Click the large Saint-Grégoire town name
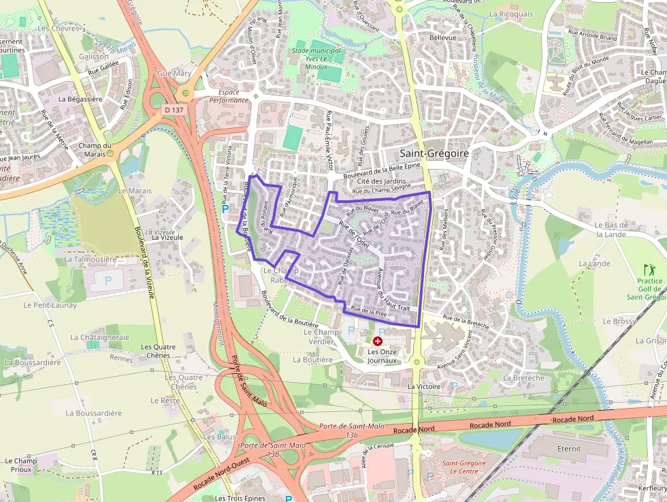434,154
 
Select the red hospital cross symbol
378,340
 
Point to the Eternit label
569,449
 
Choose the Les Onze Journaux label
382,356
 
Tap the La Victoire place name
424,386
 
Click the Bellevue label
443,38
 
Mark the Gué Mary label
174,73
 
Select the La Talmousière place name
91,260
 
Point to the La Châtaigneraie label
99,337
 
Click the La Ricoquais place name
510,14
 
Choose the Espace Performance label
229,96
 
